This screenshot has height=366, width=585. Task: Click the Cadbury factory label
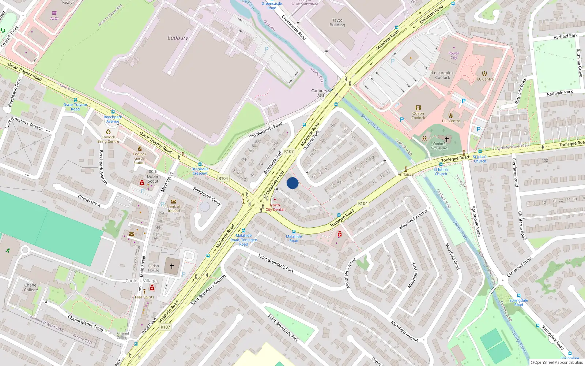coord(178,38)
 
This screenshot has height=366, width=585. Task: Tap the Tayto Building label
coord(337,23)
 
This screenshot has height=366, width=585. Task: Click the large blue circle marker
coord(292,183)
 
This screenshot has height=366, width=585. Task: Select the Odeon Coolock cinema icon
coord(418,108)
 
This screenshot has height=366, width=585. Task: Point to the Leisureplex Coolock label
coord(442,75)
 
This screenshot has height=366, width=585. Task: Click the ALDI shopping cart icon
coord(54,13)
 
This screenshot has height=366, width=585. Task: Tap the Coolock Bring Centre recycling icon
coord(108,132)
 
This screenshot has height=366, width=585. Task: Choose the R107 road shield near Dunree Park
coord(289,152)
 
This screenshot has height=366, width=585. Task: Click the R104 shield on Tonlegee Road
coord(363,203)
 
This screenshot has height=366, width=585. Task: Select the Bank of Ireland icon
coord(174,201)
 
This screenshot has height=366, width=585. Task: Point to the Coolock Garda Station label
coord(139,158)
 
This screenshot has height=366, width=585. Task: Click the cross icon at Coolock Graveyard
coord(446,139)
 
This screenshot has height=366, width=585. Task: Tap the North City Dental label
coord(275,208)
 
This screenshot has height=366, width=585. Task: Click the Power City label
coord(454,55)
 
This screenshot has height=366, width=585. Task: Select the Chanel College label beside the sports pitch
coord(31,287)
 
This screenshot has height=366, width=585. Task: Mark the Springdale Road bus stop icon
coord(518,295)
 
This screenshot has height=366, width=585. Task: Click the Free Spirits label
coord(144,297)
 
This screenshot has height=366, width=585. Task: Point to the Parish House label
coord(154,268)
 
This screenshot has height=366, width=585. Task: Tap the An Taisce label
coord(405,174)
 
